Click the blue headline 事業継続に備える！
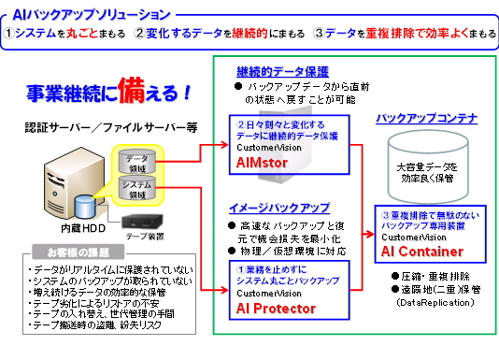click(109, 95)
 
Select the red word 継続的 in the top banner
click(269, 35)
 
